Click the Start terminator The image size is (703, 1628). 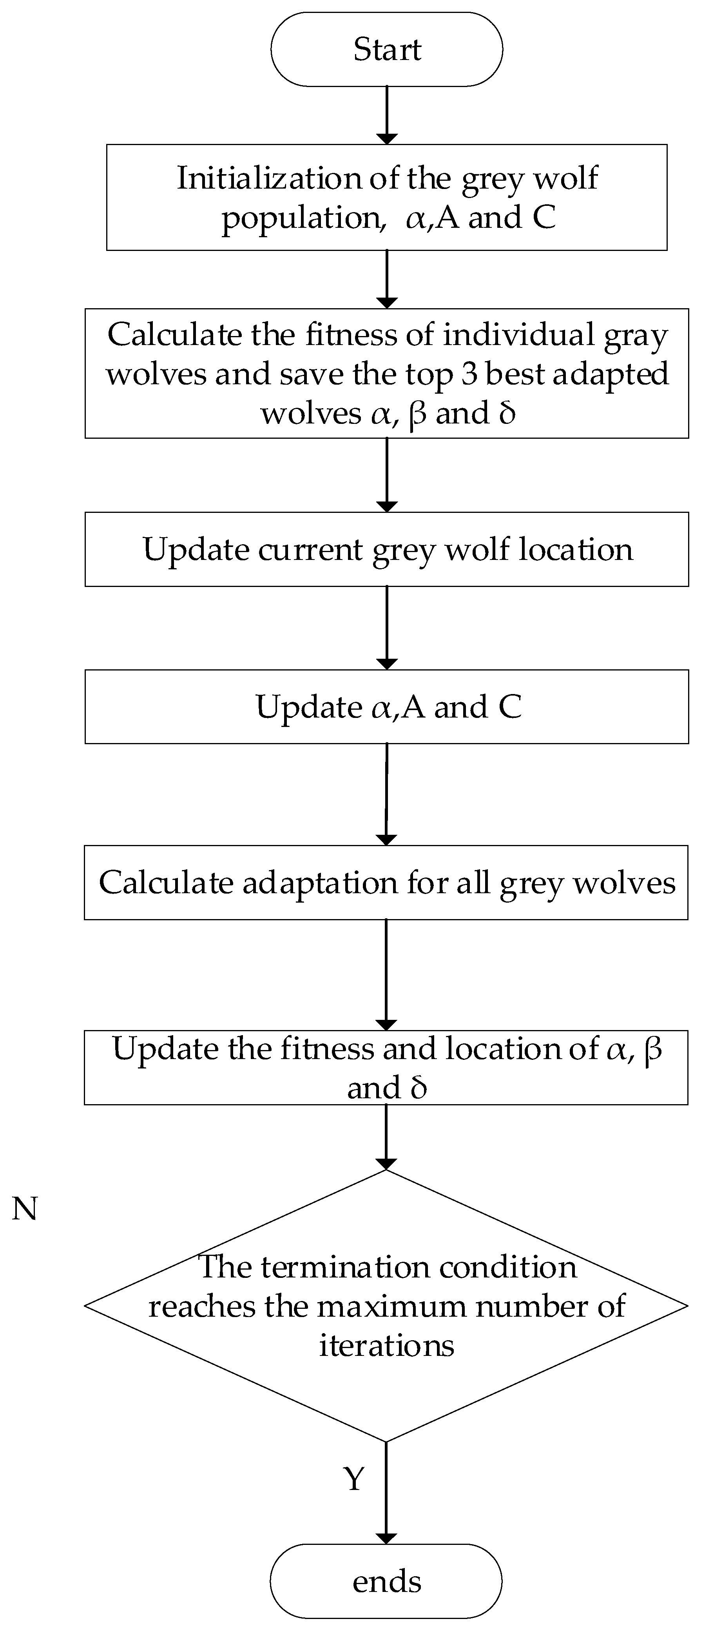click(386, 49)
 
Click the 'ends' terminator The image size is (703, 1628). click(386, 1582)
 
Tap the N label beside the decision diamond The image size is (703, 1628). click(25, 1208)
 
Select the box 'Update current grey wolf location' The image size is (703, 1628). click(386, 549)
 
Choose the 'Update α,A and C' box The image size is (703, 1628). click(386, 707)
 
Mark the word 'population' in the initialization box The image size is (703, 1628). click(300, 218)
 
